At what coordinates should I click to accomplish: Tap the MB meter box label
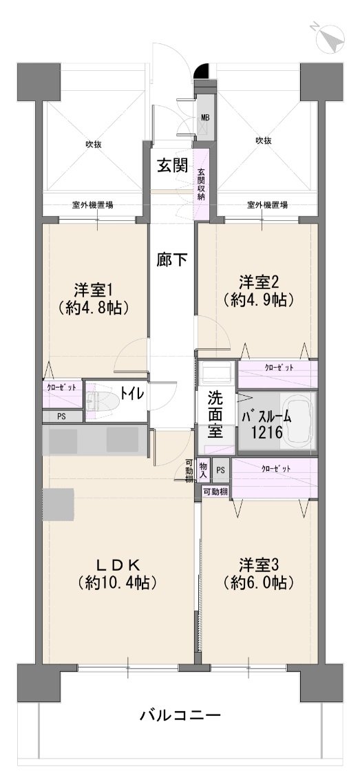pos(205,118)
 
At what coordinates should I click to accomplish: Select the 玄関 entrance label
pos(173,166)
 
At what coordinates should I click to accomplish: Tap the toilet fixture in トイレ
pos(101,400)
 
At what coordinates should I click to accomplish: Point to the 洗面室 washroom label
pos(215,414)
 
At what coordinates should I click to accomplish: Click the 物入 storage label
pos(203,470)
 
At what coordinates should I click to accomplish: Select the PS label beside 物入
pos(220,469)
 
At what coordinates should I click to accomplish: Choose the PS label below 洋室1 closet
pos(62,416)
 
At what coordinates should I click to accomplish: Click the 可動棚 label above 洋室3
pos(215,492)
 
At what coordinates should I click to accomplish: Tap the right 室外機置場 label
pos(267,204)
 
